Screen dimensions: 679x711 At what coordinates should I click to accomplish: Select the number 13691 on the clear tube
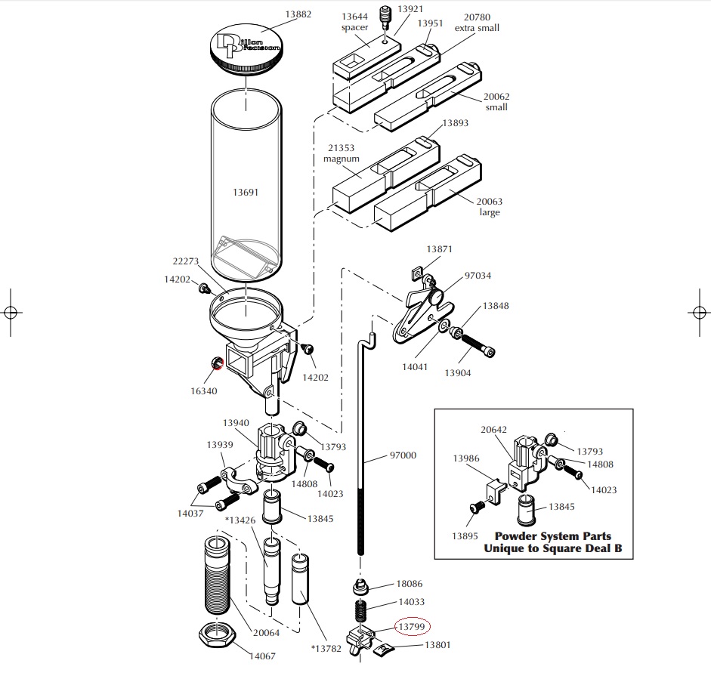point(246,192)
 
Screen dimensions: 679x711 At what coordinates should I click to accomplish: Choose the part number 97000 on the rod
point(403,455)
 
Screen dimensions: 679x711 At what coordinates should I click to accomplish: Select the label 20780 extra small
point(477,23)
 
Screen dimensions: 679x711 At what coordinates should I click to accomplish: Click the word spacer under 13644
point(354,27)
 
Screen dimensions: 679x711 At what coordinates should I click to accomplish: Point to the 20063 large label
point(490,207)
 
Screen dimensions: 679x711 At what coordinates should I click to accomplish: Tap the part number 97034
point(478,276)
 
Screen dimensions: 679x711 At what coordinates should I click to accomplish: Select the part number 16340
point(204,391)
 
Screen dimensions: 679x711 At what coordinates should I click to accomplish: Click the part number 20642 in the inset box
point(494,430)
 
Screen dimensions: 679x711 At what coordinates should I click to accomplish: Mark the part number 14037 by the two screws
point(191,513)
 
